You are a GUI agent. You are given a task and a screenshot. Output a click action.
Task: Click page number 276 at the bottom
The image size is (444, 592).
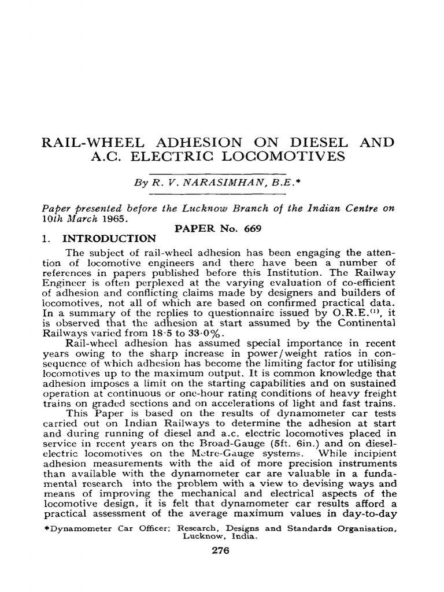[221, 551]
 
